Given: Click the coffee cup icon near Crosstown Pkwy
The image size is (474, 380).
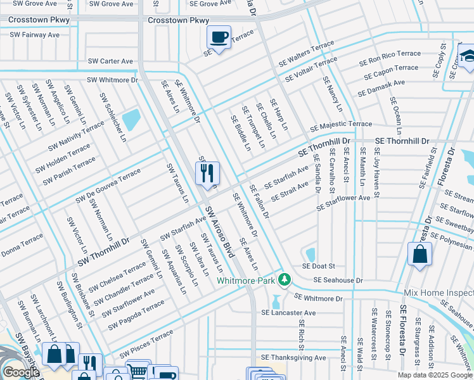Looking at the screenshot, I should point(219,37).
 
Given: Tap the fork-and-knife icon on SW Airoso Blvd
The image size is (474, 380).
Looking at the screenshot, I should point(207,172).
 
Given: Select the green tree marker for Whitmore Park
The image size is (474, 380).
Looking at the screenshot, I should point(285,279).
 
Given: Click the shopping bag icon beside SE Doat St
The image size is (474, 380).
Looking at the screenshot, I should point(420,255).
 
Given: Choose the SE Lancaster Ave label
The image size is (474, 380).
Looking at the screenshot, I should point(288,313).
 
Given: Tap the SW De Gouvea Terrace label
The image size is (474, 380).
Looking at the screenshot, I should point(108,186).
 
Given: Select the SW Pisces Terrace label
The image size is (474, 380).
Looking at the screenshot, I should point(146,343).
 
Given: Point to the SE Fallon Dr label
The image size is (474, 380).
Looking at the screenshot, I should point(259,202).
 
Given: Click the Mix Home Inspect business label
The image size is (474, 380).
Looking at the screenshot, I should point(438,293).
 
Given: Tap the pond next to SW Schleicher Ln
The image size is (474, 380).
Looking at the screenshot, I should point(131,120).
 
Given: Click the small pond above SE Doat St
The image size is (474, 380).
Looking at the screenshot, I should point(311,255).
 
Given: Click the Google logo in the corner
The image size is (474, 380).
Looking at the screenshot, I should point(21,372).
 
